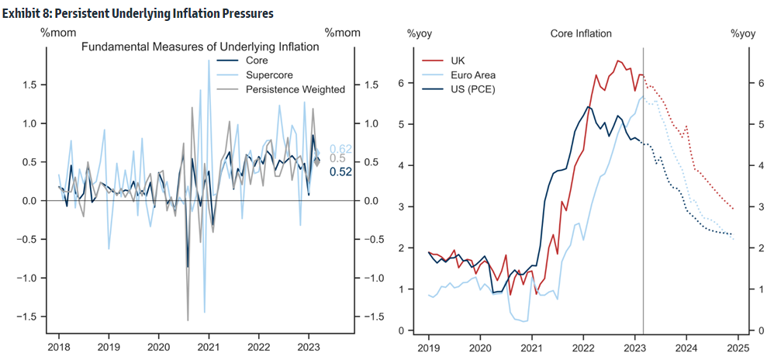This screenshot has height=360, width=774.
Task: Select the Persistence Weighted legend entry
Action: click(x=295, y=89)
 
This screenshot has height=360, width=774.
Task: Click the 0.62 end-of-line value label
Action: click(x=341, y=149)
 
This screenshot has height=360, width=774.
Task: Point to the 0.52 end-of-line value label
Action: click(x=341, y=171)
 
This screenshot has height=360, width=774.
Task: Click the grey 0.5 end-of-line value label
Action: click(x=338, y=160)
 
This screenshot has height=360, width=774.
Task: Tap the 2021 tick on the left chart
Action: click(x=209, y=347)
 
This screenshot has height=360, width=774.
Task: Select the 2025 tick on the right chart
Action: click(x=737, y=347)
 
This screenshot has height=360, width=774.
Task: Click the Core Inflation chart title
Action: click(x=581, y=33)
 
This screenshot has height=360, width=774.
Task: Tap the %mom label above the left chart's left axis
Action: click(x=57, y=33)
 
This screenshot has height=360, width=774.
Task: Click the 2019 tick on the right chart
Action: click(x=429, y=347)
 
